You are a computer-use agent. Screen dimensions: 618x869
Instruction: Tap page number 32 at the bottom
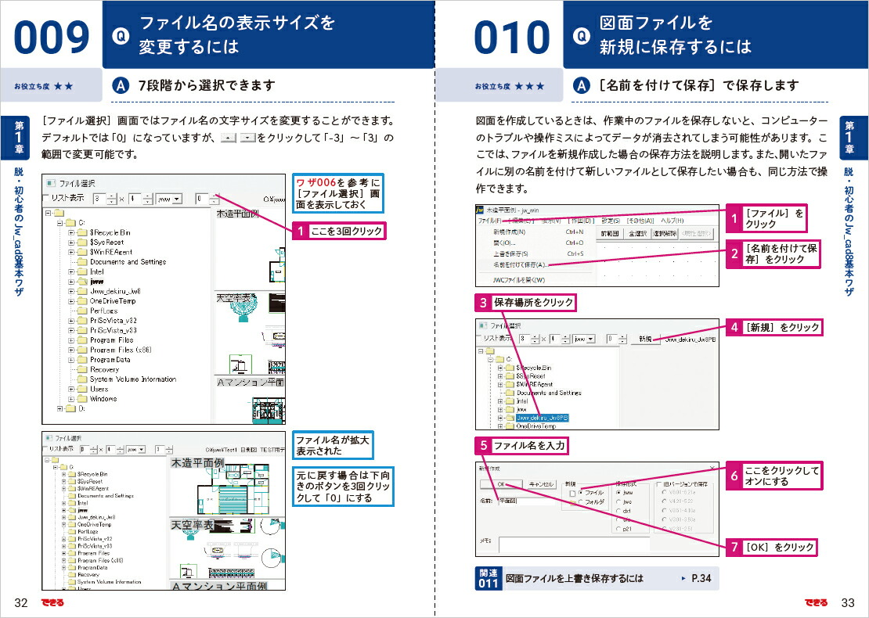click(21, 602)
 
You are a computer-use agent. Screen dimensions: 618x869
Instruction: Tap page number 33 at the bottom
click(846, 602)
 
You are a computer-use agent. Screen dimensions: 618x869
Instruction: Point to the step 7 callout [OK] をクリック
click(778, 548)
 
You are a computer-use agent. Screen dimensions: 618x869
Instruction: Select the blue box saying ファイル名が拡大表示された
click(332, 446)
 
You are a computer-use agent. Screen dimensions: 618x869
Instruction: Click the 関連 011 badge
click(488, 578)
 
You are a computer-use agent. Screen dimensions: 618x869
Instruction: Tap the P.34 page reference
click(700, 578)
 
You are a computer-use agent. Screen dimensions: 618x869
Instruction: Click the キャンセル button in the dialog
click(539, 484)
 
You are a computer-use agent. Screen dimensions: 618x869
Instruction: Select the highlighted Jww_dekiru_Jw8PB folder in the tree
click(542, 418)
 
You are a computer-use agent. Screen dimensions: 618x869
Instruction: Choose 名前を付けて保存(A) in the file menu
click(521, 265)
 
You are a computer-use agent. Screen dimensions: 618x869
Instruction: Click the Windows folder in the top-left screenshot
click(103, 398)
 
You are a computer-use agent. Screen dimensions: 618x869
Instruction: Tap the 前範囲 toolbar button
click(610, 232)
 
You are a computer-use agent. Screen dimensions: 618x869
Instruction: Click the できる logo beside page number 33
click(816, 602)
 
